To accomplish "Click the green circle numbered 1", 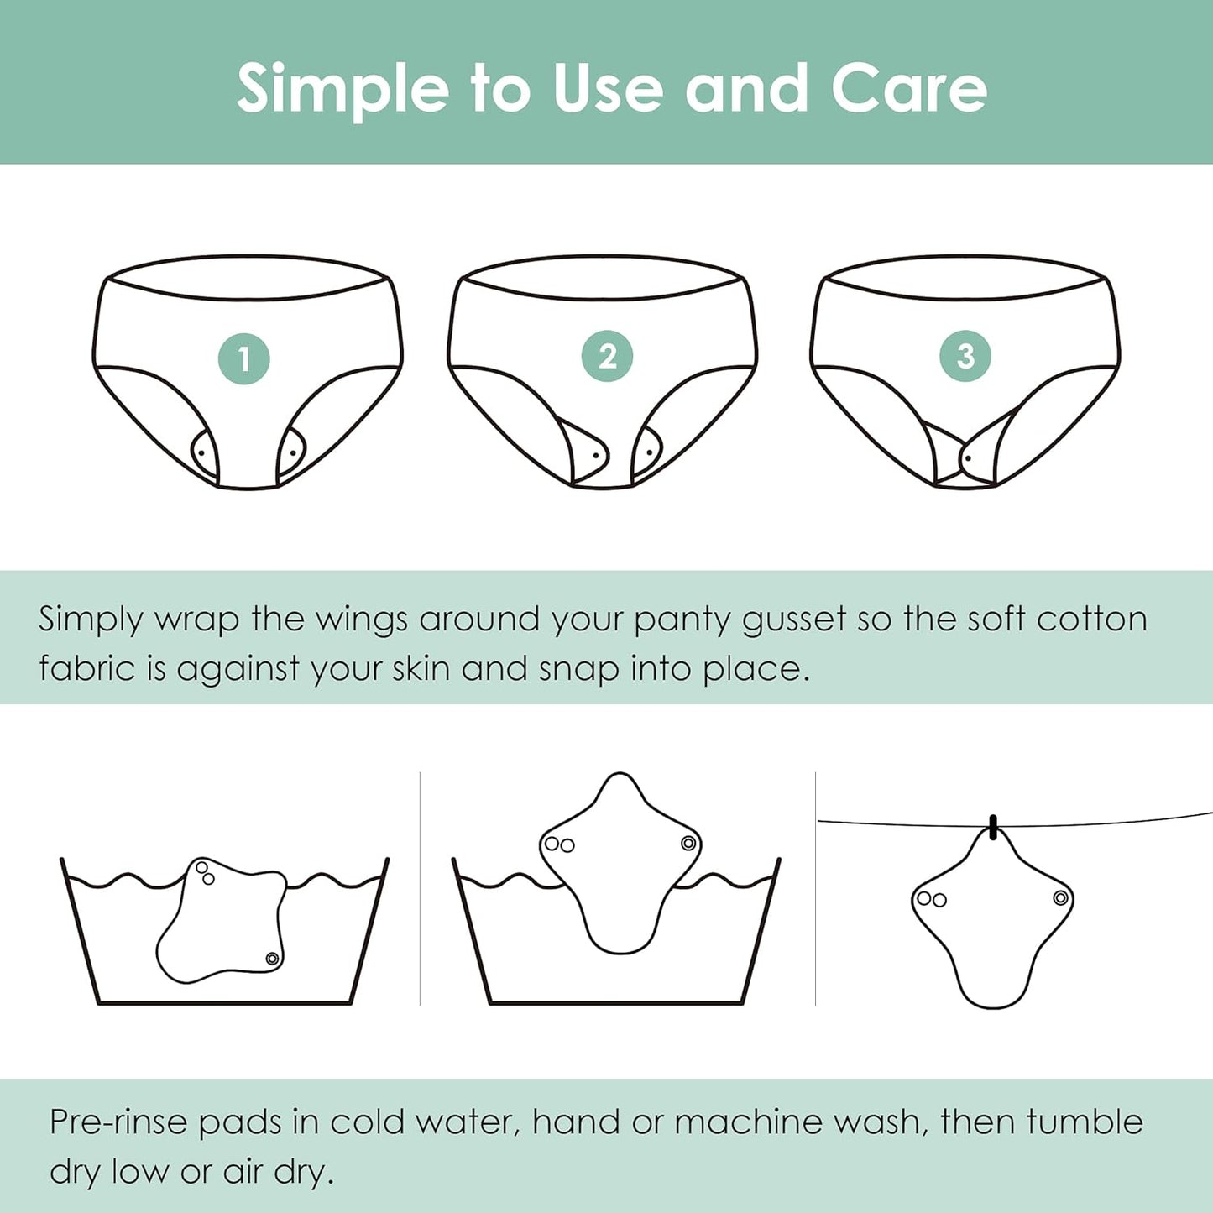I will (243, 359).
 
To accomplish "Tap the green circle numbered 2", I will (607, 357).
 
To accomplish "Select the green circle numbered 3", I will (965, 356).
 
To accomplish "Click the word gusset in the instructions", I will (793, 620).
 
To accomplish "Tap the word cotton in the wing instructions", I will (1091, 620).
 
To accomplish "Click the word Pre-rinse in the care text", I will (118, 1123).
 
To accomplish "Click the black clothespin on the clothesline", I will (994, 827).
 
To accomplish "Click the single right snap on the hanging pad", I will (1061, 899).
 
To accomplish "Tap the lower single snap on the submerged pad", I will (272, 959).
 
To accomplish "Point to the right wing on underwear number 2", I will (647, 453).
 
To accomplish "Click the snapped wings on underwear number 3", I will (965, 458).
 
